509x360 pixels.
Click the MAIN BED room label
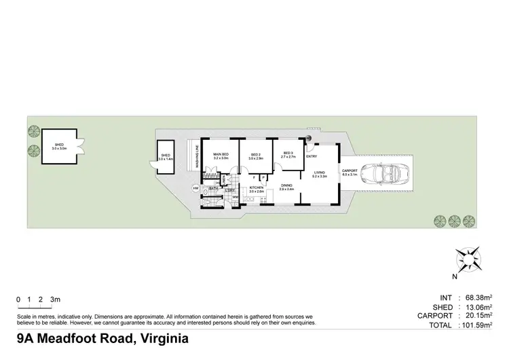click(x=221, y=155)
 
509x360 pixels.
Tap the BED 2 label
click(x=256, y=155)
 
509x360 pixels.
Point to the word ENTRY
click(x=312, y=157)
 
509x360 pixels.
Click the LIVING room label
click(x=320, y=173)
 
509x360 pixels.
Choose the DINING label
click(x=286, y=185)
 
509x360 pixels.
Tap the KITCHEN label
click(x=257, y=187)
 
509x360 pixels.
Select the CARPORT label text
click(x=350, y=170)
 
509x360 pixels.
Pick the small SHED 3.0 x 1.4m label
click(x=166, y=156)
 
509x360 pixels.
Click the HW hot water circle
click(x=195, y=188)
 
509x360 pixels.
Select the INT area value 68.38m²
click(x=479, y=298)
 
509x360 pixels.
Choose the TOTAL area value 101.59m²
click(x=477, y=326)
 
